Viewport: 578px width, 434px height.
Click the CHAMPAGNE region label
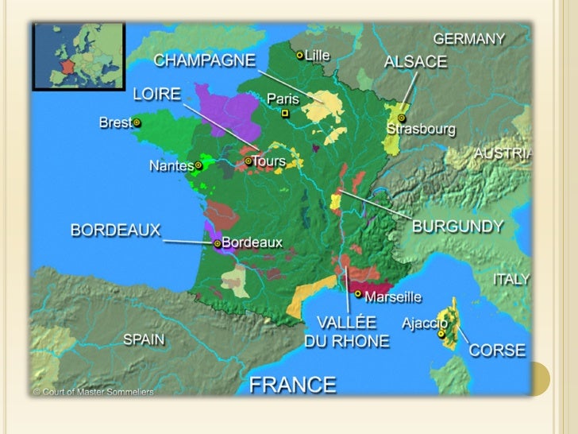click(x=204, y=60)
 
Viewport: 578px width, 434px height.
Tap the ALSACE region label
click(x=415, y=61)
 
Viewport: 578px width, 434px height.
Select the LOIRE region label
click(x=156, y=94)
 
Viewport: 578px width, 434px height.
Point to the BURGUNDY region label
click(x=457, y=226)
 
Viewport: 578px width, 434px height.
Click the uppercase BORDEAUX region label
click(x=115, y=230)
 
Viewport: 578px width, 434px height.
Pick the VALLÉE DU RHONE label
click(x=347, y=332)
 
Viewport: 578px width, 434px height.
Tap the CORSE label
click(x=497, y=350)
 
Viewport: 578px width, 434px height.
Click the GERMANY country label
click(x=468, y=38)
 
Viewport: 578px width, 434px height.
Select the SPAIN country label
click(x=144, y=339)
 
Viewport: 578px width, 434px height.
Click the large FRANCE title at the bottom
click(x=293, y=385)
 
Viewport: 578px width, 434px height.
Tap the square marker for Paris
click(x=286, y=114)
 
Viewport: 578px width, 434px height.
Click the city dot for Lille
click(x=299, y=55)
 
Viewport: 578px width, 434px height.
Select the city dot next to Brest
click(x=137, y=122)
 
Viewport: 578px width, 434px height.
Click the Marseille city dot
click(x=358, y=294)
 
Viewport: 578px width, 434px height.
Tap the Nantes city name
click(x=171, y=167)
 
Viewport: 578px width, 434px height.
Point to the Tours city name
click(x=268, y=161)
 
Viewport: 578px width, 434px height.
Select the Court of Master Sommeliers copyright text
click(x=94, y=392)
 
